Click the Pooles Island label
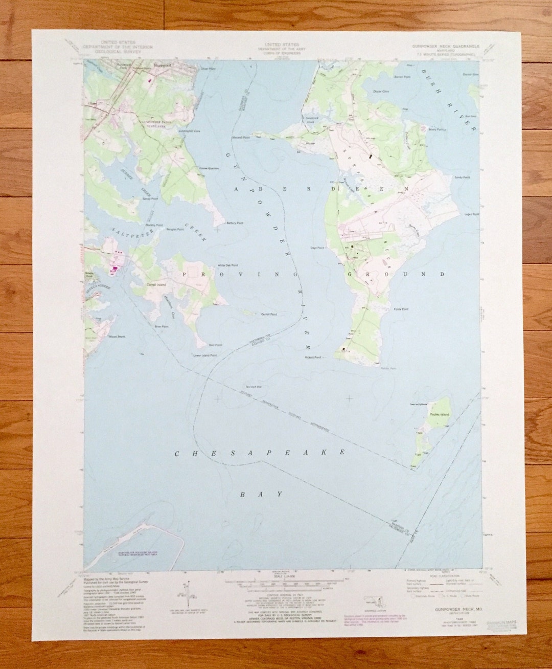[x=439, y=414]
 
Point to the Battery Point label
[x=235, y=224]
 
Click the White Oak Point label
[x=228, y=265]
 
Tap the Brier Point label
[x=162, y=326]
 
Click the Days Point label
[x=317, y=248]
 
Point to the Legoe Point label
[x=471, y=214]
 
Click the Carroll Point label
[x=269, y=315]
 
